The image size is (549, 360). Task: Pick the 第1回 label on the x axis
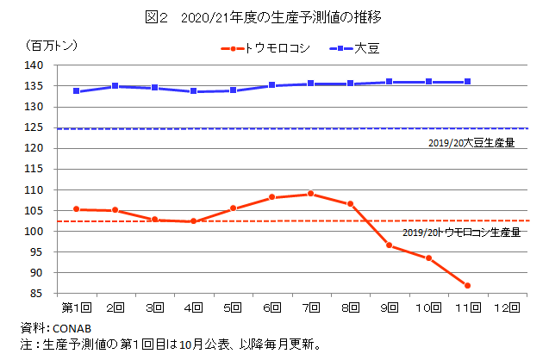tap(76, 307)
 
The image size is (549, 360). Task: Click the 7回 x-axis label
tap(310, 307)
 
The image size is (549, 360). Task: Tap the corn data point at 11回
tap(466, 285)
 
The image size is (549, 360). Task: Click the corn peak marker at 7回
tap(310, 194)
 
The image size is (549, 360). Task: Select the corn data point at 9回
tap(389, 245)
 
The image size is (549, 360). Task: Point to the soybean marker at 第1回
tap(77, 91)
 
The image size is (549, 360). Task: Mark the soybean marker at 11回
tap(466, 82)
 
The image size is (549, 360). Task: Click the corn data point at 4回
tap(194, 221)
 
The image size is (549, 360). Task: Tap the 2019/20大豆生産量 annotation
tap(470, 143)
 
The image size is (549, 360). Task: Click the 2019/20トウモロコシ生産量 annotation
tap(461, 233)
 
